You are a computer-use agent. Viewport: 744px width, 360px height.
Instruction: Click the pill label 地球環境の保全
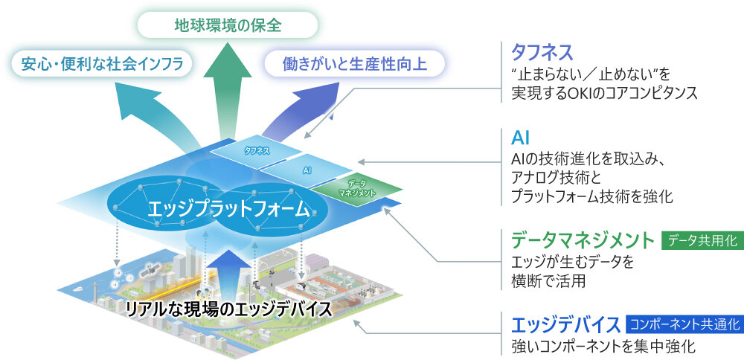pyautogui.click(x=228, y=25)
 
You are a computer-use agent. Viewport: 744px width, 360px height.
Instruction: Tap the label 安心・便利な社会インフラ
pyautogui.click(x=102, y=63)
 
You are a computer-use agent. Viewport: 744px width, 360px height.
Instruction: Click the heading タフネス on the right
pyautogui.click(x=542, y=51)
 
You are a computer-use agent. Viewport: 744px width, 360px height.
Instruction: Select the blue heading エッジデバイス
pyautogui.click(x=566, y=325)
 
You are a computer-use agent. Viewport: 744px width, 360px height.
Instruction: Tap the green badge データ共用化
pyautogui.click(x=702, y=240)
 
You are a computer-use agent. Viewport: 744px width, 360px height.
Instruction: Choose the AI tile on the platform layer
pyautogui.click(x=307, y=170)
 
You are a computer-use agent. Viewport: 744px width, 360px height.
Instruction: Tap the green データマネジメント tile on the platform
pyautogui.click(x=357, y=188)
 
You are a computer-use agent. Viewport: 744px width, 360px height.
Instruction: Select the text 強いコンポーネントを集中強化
pyautogui.click(x=593, y=347)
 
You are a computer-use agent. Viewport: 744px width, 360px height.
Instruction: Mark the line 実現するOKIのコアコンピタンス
pyautogui.click(x=603, y=94)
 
